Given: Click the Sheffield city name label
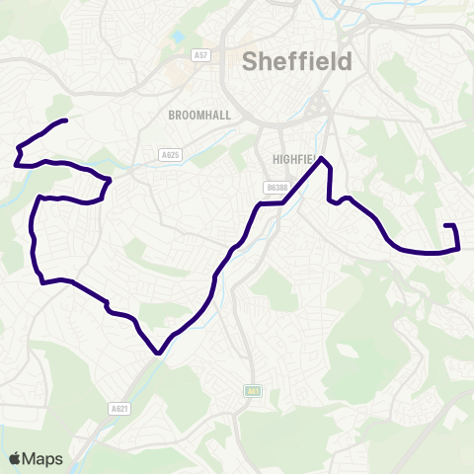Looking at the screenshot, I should coord(297,62).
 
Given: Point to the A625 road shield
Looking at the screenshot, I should coord(170,154).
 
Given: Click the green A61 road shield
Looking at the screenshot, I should coord(253,391).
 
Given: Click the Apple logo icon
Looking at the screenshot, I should coord(15,458).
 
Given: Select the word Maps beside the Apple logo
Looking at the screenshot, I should coord(44,458).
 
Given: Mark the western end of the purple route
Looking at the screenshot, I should coord(65,120).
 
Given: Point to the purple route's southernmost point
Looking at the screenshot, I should coord(158,352).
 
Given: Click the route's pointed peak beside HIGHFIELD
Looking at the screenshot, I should coord(322,159).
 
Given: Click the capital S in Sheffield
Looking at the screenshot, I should coord(251,62).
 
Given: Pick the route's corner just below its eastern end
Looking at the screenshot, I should coord(459,248).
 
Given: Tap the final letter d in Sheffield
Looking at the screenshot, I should coord(345,62).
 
